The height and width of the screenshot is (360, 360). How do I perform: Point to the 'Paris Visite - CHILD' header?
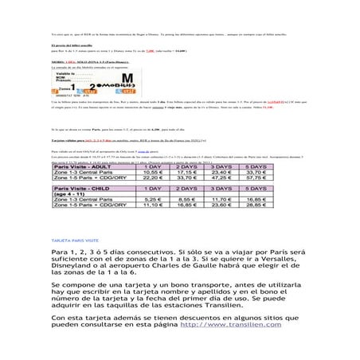pos(85,182)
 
